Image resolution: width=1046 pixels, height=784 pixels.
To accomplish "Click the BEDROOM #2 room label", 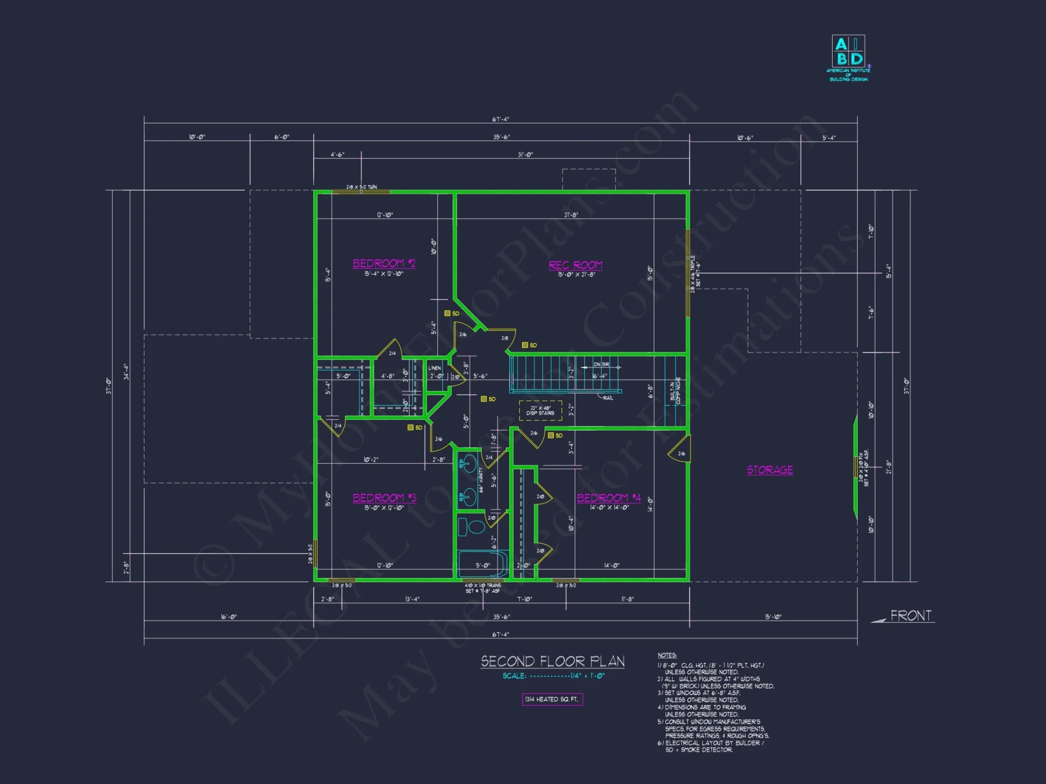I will pyautogui.click(x=384, y=263).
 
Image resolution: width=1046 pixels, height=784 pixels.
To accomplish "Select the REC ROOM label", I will pyautogui.click(x=575, y=266).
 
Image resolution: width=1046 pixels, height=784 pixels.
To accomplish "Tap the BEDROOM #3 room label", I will pyautogui.click(x=384, y=498).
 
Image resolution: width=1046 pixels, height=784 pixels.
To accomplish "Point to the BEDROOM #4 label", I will pyautogui.click(x=609, y=498).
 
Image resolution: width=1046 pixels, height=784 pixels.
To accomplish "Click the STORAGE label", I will pyautogui.click(x=770, y=470).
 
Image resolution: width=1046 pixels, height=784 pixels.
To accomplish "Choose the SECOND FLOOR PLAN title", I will pyautogui.click(x=553, y=662).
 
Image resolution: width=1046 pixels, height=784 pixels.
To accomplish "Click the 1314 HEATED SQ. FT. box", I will pyautogui.click(x=552, y=699).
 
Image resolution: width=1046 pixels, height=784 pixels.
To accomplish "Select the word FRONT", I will pyautogui.click(x=911, y=616).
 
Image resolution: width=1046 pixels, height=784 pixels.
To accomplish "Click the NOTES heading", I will pyautogui.click(x=667, y=655).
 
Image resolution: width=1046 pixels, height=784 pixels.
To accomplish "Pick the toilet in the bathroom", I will pyautogui.click(x=474, y=526).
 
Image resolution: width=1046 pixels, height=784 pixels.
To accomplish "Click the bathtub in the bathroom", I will pyautogui.click(x=482, y=564).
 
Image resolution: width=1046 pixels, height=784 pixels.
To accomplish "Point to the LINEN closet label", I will pyautogui.click(x=435, y=368).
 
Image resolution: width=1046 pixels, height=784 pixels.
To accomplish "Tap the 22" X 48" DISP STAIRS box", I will pyautogui.click(x=540, y=410).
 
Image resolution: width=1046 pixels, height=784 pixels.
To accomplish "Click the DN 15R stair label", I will pyautogui.click(x=601, y=364).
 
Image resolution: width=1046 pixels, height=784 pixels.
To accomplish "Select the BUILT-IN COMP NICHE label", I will pyautogui.click(x=675, y=391).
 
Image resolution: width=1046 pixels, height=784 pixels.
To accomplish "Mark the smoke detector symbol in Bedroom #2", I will pyautogui.click(x=448, y=314).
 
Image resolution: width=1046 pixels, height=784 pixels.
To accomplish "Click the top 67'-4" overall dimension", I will pyautogui.click(x=501, y=120).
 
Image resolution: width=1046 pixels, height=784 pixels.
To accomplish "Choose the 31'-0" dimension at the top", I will pyautogui.click(x=525, y=155).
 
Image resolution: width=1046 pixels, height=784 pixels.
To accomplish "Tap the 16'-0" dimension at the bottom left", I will pyautogui.click(x=229, y=617).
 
